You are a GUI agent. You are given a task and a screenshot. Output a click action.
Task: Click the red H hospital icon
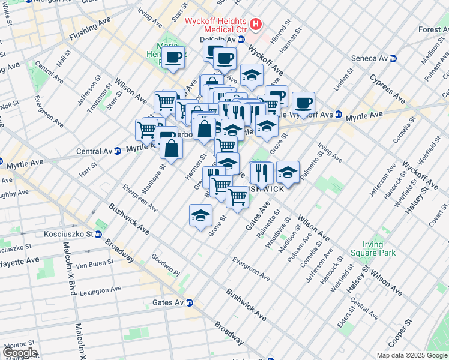pos(256,25)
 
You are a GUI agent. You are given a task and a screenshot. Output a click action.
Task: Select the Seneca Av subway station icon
pos(394,58)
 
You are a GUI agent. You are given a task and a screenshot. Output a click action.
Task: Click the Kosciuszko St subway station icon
pos(99,233)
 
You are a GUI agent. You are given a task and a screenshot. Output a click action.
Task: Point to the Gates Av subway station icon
pos(189,302)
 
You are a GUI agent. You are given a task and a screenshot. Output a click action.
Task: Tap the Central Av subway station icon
pos(118,151)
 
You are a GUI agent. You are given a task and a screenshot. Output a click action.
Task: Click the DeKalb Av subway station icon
pos(241,40)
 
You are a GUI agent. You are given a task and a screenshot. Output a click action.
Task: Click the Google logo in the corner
pos(19,353)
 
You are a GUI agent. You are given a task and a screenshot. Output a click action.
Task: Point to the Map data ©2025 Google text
pos(412,355)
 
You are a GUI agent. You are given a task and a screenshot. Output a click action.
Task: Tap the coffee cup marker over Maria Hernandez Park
pos(173,58)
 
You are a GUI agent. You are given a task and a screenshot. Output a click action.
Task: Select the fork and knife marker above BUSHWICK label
pos(261,173)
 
